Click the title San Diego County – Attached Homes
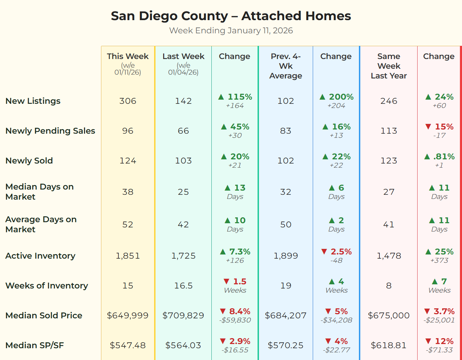[x=231, y=16]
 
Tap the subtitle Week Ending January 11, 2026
[x=231, y=31]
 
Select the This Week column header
[x=128, y=56]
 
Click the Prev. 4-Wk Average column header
[x=286, y=66]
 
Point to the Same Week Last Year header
[x=389, y=66]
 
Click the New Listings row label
[x=33, y=101]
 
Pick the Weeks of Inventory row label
[x=47, y=286]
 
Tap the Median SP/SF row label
[x=35, y=345]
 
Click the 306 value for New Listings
[x=128, y=101]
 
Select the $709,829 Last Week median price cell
[x=183, y=316]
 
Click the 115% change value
[x=240, y=97]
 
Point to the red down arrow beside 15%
[x=428, y=127]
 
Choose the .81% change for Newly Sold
[x=444, y=157]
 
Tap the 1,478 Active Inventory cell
[x=389, y=256]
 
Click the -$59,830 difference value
[x=235, y=320]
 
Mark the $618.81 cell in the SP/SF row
[x=389, y=345]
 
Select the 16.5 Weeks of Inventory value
[x=183, y=286]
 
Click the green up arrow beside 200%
[x=322, y=97]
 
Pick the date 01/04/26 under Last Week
[x=183, y=73]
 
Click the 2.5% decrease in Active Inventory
[x=341, y=252]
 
